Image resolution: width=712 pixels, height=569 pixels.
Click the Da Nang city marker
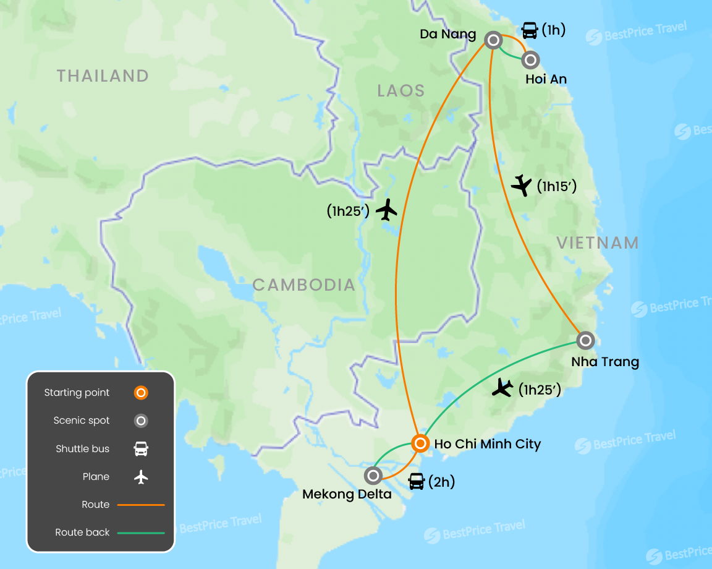coord(493,41)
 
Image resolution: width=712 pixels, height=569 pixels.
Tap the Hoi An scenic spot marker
coord(530,60)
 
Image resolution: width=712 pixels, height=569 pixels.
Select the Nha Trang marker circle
coord(585,340)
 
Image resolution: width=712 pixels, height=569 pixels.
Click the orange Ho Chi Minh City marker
coord(420,443)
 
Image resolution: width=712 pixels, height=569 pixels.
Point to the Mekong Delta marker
coord(373,476)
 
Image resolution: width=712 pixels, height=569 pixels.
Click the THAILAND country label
coord(103,76)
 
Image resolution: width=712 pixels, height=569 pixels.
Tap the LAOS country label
coord(401,91)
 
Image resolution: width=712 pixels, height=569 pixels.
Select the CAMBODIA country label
coord(304,284)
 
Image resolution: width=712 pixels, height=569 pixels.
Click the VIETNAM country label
coord(598,242)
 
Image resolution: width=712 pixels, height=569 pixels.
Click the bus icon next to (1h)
coord(530,30)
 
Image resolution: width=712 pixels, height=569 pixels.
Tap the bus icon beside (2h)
coord(417,481)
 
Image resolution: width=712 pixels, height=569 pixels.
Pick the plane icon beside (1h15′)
coord(522,185)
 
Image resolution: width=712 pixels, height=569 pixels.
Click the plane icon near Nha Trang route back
coord(503,388)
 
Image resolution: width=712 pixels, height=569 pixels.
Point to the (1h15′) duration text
coord(556,186)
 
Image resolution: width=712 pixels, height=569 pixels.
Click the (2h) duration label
coord(441,482)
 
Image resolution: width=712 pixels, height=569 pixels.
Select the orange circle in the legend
coord(142,393)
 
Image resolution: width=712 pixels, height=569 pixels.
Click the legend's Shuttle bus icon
coord(142,449)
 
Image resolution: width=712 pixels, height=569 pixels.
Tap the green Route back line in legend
coord(142,533)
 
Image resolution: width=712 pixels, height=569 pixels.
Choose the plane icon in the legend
coord(142,477)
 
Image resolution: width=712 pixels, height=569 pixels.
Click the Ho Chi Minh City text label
coord(488,444)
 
